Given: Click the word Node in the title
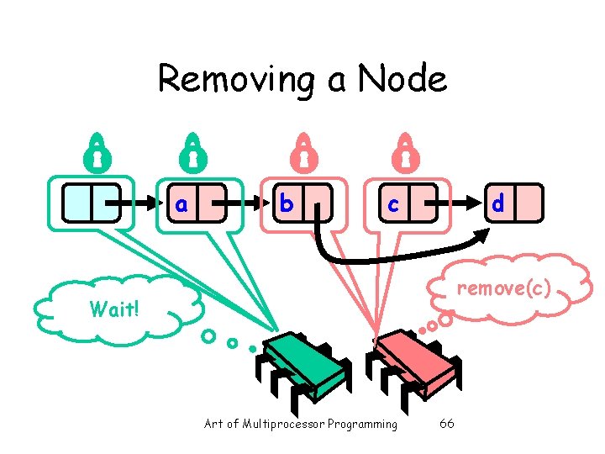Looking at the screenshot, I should pos(402,80).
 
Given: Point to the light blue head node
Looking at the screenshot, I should pos(92,203).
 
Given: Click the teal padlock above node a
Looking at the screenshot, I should pos(192,150).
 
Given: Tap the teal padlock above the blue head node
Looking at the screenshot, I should pos(97,151).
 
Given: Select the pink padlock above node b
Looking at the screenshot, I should pos(303,150).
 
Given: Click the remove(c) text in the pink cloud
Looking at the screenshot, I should pos(503,290).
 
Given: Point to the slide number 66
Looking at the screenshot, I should pos(447,424).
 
